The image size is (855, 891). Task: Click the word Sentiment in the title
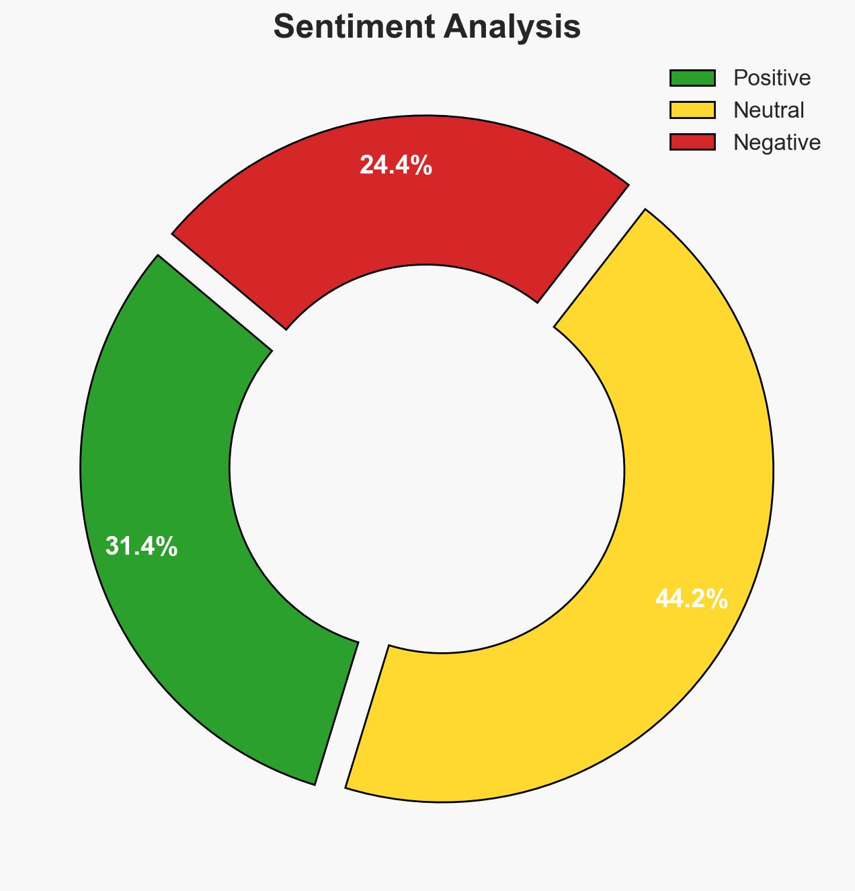point(350,28)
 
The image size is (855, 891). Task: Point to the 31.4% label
point(142,547)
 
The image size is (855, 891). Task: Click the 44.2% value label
point(692,598)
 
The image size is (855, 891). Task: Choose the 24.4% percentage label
point(396,165)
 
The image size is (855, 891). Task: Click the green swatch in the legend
point(692,78)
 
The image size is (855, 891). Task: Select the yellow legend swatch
point(692,110)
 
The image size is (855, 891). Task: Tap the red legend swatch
point(692,142)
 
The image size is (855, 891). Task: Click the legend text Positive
point(772,78)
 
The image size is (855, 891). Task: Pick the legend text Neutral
point(768,110)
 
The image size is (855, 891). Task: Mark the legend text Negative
point(776,142)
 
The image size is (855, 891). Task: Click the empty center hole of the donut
point(427,464)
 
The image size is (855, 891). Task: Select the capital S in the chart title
point(285,28)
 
